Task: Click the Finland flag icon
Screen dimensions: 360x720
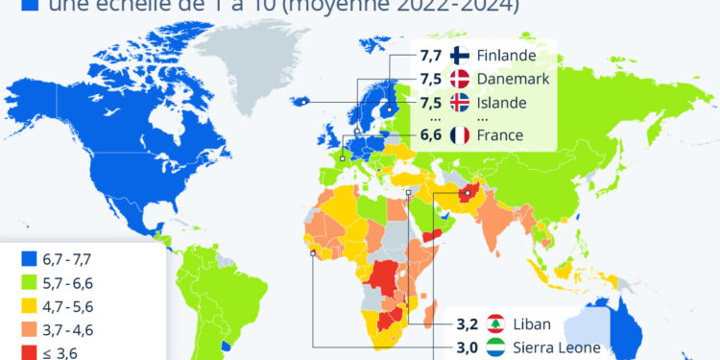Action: pos(459,58)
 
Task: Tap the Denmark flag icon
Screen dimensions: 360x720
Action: pos(459,81)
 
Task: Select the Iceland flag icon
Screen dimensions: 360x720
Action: pos(459,104)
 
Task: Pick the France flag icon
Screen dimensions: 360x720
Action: pos(459,135)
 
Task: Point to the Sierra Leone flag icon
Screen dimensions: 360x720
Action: pos(496,348)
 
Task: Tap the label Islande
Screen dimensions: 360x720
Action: pos(502,104)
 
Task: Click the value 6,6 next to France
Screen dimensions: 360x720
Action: pos(431,135)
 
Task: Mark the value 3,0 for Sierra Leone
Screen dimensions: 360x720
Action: pos(468,348)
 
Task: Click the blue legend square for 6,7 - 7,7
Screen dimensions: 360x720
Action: pos(28,258)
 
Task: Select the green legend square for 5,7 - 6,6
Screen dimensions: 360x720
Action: pos(28,282)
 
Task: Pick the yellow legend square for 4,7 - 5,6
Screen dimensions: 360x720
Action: pos(28,305)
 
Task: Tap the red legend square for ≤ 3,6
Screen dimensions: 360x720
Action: pos(28,351)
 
